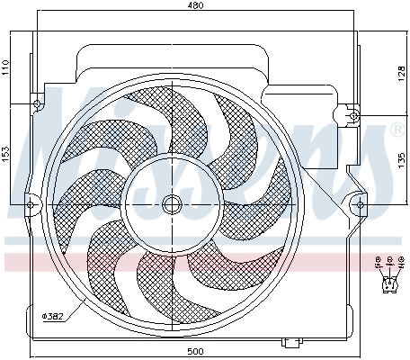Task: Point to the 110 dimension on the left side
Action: [7, 67]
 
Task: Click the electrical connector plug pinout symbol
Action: [388, 284]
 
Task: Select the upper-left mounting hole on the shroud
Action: [39, 106]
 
